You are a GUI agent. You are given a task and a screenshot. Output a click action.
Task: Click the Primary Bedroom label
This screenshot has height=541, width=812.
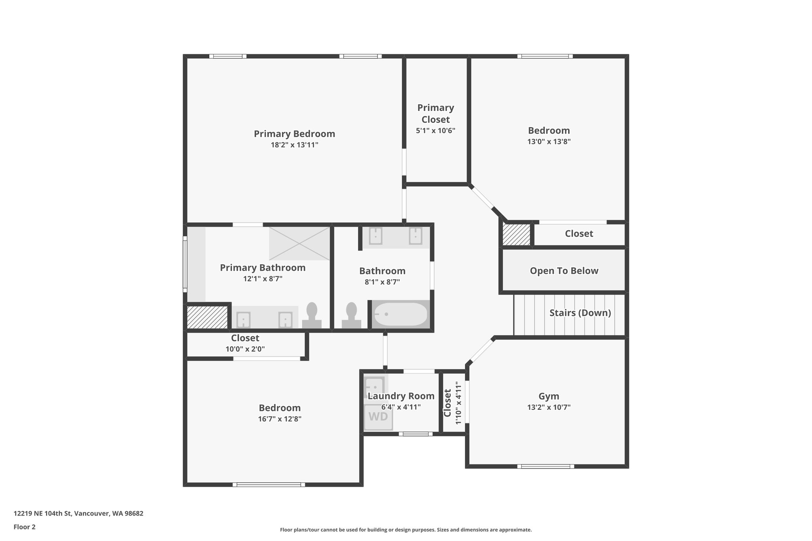click(294, 134)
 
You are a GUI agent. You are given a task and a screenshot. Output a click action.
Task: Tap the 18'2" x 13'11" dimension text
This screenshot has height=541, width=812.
click(294, 145)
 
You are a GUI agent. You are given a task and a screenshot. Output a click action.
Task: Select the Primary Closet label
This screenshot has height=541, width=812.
click(435, 113)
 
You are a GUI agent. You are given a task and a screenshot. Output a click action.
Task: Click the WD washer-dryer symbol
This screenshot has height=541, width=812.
click(378, 417)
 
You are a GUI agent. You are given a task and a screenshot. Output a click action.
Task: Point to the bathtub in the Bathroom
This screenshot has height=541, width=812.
click(400, 314)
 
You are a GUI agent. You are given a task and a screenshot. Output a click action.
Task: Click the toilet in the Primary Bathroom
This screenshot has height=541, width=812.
click(312, 315)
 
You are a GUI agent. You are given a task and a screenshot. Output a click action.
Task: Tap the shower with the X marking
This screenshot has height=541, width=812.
click(299, 243)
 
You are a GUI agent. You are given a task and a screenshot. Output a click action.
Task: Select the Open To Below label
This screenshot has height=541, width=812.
click(564, 271)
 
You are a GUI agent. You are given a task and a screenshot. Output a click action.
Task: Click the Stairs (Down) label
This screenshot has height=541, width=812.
click(580, 313)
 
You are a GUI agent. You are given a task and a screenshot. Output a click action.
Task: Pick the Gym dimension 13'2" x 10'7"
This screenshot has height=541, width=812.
click(549, 407)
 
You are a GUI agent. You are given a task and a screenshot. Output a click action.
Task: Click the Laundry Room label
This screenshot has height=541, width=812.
click(401, 396)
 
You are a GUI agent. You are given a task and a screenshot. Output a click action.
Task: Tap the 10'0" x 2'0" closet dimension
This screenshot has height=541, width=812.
click(245, 349)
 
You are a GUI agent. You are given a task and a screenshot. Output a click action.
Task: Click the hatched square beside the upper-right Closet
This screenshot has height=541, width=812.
click(516, 234)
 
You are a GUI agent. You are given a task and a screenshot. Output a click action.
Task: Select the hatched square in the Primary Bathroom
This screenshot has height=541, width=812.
click(207, 317)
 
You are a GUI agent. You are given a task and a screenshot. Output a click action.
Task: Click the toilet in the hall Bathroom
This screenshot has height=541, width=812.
click(352, 315)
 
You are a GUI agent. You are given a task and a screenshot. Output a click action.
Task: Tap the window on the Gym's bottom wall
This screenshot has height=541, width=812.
click(546, 466)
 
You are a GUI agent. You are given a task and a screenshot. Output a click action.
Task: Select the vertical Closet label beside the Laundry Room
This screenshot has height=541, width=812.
click(448, 403)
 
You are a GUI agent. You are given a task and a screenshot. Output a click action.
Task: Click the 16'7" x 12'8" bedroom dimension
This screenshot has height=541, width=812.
click(280, 419)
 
